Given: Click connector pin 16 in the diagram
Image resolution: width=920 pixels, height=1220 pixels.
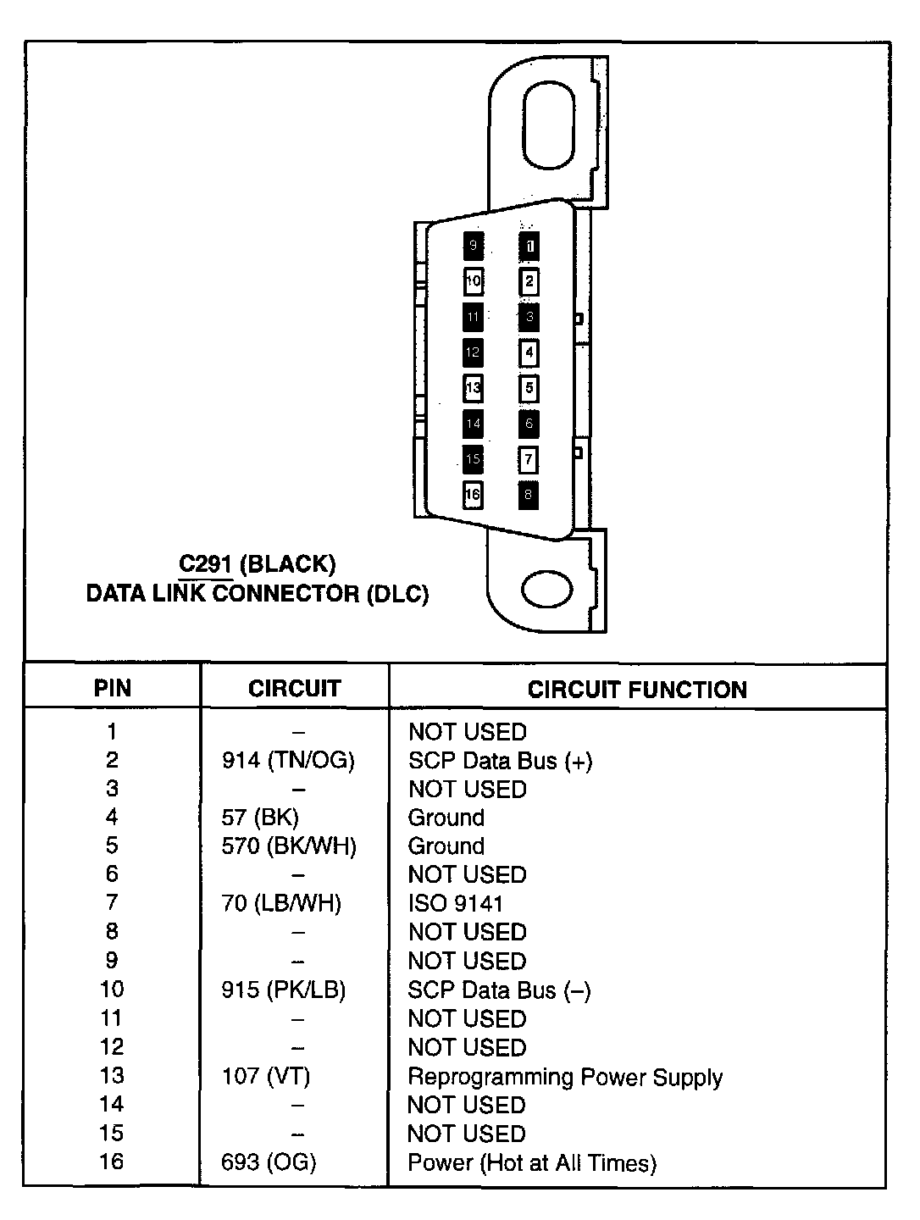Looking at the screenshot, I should click(473, 495).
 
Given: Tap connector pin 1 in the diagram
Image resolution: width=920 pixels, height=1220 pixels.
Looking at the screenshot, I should click(529, 247).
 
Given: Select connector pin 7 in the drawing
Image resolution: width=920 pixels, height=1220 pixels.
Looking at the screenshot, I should click(529, 459).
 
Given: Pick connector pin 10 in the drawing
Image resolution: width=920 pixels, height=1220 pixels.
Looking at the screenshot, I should click(473, 281).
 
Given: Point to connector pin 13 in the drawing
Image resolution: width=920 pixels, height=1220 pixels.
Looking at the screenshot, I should click(473, 389).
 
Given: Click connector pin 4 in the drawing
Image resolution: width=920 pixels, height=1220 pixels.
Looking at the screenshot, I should click(529, 352).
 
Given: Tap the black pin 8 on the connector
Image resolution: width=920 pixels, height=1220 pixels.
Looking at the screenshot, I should click(529, 495).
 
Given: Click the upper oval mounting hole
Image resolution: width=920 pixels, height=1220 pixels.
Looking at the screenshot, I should click(549, 125).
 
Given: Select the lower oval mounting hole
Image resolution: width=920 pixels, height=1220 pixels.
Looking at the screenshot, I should click(547, 591).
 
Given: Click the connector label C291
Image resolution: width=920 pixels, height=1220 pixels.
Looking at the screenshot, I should click(206, 564).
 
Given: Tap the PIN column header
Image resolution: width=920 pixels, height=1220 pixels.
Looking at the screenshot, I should click(113, 688).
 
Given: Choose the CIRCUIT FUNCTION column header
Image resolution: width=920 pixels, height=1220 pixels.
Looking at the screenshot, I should click(637, 690).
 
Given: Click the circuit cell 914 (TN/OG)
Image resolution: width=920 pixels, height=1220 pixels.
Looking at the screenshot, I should click(288, 761).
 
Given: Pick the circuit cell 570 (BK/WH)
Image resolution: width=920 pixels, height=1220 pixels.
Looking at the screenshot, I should click(289, 846).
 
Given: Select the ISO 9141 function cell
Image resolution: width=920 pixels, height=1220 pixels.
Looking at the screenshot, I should click(455, 903).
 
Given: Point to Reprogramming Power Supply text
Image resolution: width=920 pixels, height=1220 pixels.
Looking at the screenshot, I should click(565, 1077).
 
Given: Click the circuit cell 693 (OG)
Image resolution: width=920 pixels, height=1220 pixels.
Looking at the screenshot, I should click(269, 1162).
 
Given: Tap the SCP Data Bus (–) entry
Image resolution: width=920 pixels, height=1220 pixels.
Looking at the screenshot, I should click(499, 990).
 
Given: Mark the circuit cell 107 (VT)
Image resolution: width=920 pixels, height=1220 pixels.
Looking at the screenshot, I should click(266, 1077).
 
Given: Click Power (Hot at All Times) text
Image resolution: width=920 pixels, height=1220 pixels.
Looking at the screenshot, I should click(532, 1163).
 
